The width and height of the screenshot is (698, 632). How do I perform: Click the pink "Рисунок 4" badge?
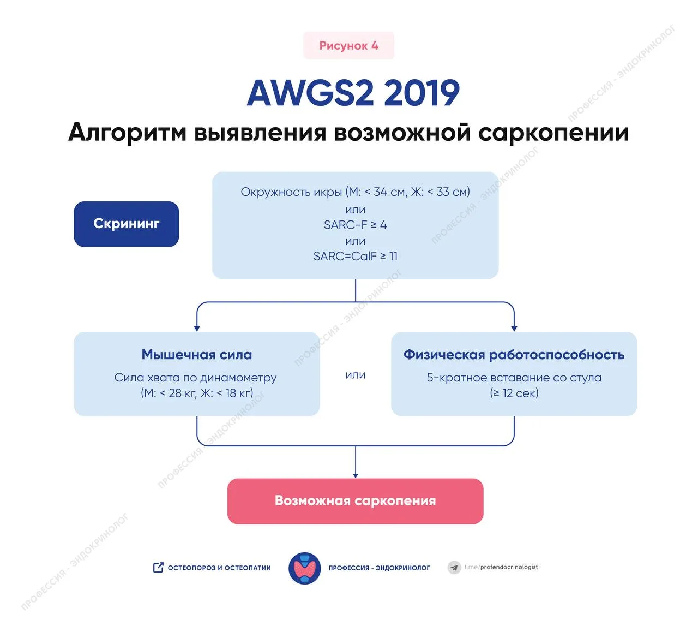tap(348, 46)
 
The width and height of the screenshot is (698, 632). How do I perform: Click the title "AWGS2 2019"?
tap(353, 93)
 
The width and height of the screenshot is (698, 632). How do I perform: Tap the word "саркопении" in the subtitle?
tap(553, 133)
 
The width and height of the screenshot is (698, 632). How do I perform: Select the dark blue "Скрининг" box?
tap(127, 224)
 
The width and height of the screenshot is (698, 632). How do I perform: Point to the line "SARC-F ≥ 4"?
tap(355, 225)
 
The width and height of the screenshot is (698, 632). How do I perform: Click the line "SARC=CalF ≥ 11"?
tap(355, 256)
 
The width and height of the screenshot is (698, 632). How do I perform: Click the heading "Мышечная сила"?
tap(197, 355)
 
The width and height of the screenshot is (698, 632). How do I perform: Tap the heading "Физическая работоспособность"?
tap(514, 355)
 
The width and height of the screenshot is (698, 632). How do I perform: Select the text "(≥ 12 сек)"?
tap(514, 393)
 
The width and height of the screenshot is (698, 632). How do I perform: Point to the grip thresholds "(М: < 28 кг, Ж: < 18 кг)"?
tap(197, 393)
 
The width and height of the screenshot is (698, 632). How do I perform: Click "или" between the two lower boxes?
tap(355, 375)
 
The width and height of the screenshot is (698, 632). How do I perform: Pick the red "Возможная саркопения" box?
tap(355, 501)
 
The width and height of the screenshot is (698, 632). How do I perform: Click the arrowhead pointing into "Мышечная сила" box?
tap(197, 329)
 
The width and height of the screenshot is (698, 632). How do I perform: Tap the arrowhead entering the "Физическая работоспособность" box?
tap(514, 329)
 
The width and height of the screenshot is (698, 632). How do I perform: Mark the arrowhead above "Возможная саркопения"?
tap(356, 475)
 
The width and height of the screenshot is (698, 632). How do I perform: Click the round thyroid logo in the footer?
tap(304, 568)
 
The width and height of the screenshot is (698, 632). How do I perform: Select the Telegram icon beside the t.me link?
tap(454, 568)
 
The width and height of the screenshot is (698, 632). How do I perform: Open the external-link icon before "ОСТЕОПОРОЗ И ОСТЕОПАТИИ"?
tap(158, 568)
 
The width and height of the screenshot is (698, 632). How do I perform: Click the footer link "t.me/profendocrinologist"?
tap(501, 567)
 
